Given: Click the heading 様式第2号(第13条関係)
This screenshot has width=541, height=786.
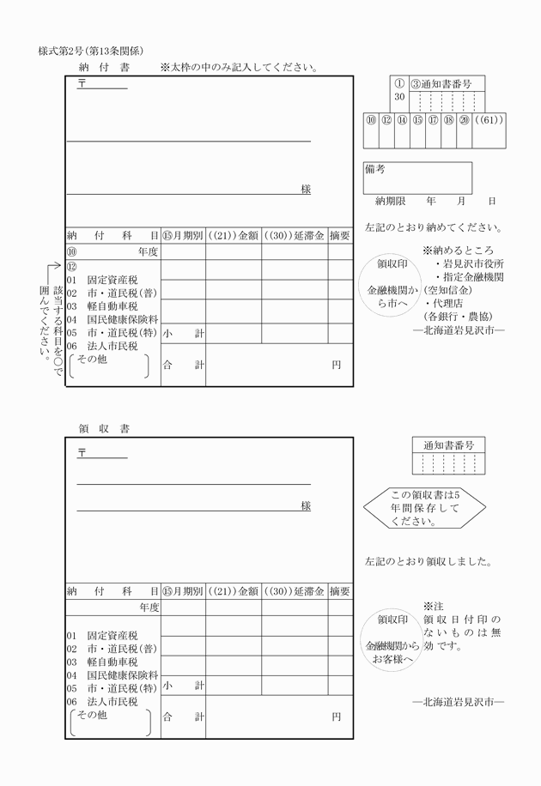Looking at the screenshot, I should (x=90, y=51).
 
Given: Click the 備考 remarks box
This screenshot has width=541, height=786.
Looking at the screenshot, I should (x=417, y=178).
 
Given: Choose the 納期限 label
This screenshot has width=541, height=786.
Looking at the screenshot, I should (x=392, y=201).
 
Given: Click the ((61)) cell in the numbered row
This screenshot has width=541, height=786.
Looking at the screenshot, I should (x=489, y=121).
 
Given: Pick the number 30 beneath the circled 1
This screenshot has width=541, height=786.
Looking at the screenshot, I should (x=399, y=98).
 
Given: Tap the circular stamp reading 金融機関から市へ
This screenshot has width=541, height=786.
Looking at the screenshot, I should (x=387, y=285).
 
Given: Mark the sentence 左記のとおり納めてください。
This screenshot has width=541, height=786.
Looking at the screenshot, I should (x=433, y=228).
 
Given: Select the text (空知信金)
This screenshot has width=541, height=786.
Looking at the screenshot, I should (x=447, y=292).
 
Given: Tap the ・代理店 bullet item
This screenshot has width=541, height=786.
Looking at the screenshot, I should (x=445, y=305).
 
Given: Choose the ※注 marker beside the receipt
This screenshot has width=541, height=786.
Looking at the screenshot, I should (x=432, y=606).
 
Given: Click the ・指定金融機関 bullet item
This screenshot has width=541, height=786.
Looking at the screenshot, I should (x=471, y=278).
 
